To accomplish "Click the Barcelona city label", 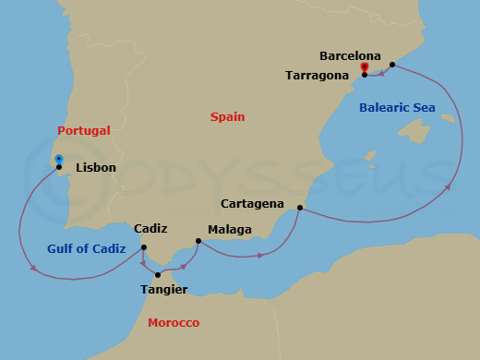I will point(350,55).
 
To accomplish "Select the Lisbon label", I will point(96,168).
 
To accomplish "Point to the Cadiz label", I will point(150,228).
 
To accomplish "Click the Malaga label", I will point(228,229).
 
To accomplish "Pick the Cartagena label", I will point(252,203).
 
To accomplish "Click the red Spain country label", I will point(228,116).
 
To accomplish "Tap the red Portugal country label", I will point(84,130).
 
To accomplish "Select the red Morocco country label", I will point(174,322).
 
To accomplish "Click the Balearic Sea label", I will point(397,108).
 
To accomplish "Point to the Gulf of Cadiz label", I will point(86,248).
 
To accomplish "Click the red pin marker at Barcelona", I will point(365,67).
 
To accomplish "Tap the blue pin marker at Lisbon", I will point(58,159).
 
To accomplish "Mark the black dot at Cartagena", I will point(299,208).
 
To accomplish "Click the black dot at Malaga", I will point(198,242).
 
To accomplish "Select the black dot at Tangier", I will point(158,275).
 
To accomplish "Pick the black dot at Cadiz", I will point(144,246).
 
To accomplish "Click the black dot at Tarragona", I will point(365,75).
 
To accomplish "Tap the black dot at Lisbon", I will point(59,167).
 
